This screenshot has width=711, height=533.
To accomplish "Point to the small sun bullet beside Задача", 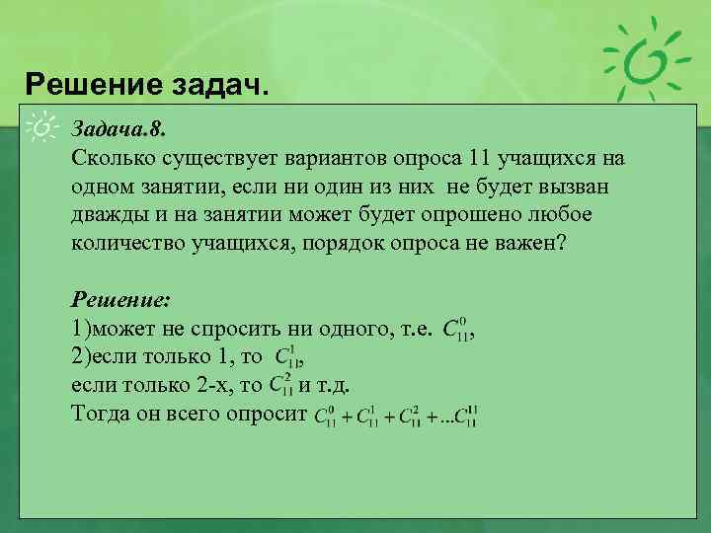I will point(43,128).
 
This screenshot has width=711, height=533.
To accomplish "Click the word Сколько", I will point(111,159).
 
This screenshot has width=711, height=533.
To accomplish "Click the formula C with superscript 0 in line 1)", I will point(457,330).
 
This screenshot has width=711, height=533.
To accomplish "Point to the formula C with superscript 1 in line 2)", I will point(286,358).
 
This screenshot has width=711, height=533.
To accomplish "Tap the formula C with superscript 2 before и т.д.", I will point(281,386).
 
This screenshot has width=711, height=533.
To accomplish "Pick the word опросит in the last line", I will point(267,415).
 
